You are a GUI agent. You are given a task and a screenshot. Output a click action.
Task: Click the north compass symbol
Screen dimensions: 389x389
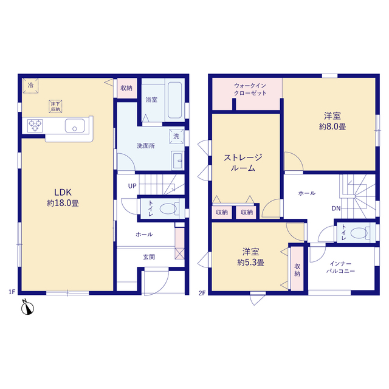(27, 308)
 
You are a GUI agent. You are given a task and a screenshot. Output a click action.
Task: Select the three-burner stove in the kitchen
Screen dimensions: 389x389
(35, 126)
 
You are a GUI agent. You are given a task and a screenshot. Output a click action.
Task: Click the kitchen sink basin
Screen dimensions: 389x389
(75, 126)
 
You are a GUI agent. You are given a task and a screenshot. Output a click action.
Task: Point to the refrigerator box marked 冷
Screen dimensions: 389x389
(30, 86)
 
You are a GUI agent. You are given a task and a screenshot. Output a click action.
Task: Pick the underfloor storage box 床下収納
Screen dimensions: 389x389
(55, 106)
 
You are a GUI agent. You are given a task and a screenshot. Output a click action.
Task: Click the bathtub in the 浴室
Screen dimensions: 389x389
(174, 100)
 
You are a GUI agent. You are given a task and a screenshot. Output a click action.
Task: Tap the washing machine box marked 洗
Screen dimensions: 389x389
(176, 136)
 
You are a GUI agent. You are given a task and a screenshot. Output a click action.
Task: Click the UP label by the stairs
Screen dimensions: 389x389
(133, 186)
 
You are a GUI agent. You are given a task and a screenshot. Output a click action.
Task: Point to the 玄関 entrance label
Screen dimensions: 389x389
(149, 257)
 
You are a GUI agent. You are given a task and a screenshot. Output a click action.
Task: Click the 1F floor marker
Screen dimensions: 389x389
(12, 292)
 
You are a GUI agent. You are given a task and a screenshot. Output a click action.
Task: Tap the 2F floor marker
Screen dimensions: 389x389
(202, 293)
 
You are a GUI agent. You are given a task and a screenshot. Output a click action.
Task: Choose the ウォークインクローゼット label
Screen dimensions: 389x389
(250, 89)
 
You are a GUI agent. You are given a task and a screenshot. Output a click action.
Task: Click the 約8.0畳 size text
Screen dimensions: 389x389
(332, 127)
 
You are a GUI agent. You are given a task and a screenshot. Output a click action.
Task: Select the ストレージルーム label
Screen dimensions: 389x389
(243, 162)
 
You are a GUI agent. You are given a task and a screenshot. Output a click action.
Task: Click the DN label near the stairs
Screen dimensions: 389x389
(336, 208)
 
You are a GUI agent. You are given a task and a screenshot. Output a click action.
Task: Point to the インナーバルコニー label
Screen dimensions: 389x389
(340, 267)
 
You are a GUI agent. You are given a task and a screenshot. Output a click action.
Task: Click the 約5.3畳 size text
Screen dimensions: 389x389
(250, 263)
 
